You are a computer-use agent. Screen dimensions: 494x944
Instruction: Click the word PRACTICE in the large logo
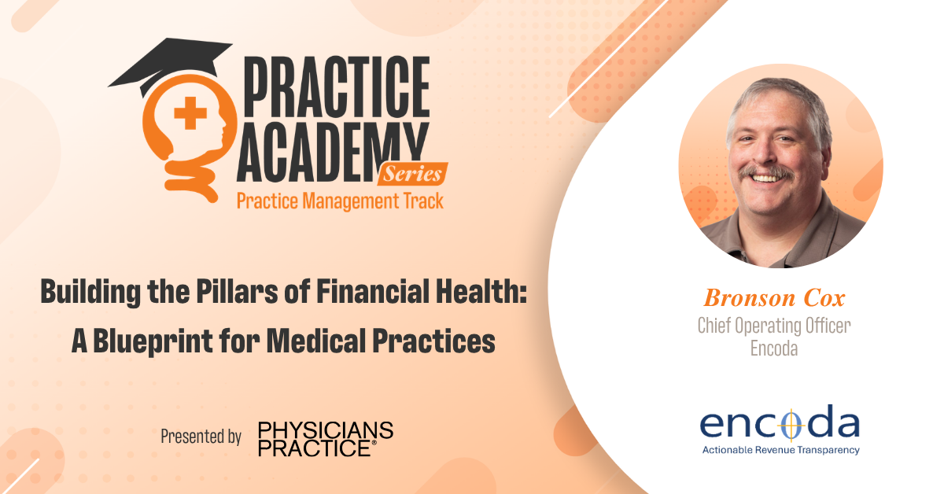[x=339, y=85]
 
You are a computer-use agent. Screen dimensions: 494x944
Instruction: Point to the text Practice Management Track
[x=340, y=201]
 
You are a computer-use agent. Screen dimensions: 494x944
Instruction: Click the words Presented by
[x=201, y=437]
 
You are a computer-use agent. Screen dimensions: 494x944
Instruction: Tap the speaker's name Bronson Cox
[x=774, y=297]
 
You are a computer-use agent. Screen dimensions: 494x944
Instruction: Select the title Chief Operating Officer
[x=774, y=325]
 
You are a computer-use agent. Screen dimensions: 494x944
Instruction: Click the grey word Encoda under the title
[x=774, y=348]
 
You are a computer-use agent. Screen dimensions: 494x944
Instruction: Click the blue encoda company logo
[x=780, y=425]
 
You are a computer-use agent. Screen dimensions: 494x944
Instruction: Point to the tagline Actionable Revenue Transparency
[x=780, y=450]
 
